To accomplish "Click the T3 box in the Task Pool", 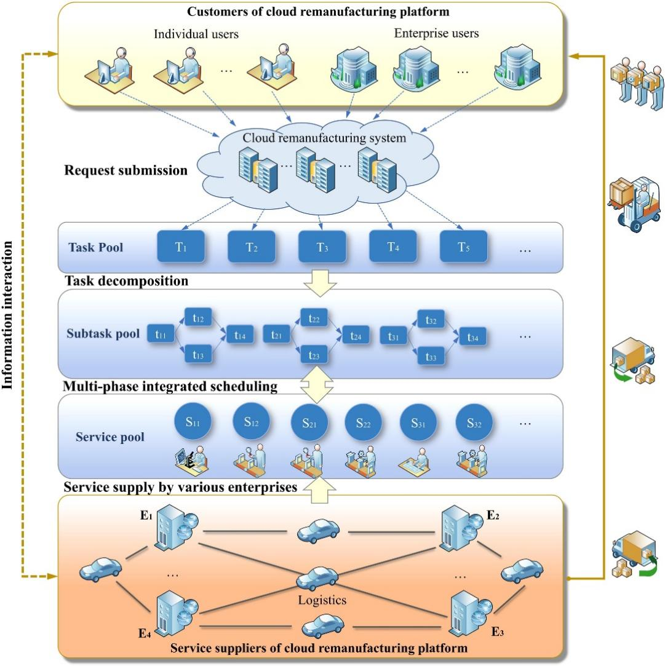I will (x=322, y=248).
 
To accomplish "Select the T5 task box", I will (x=463, y=248).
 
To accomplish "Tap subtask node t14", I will (x=240, y=336).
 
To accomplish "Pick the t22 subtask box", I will (x=314, y=318).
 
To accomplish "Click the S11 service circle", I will (x=196, y=422).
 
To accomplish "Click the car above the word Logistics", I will (x=317, y=577).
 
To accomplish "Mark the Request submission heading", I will (x=125, y=170).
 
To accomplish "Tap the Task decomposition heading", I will (x=126, y=282).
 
